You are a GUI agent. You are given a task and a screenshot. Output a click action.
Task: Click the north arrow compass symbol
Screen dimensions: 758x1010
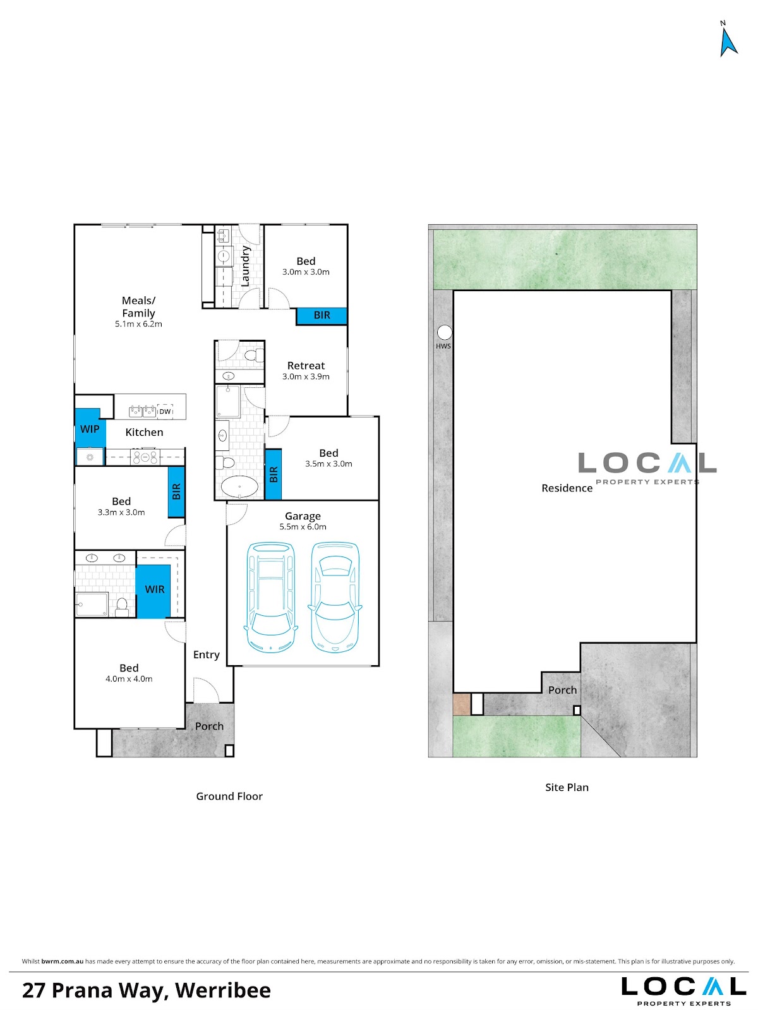click(x=728, y=42)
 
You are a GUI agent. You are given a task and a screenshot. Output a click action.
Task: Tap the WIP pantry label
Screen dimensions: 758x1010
click(x=89, y=429)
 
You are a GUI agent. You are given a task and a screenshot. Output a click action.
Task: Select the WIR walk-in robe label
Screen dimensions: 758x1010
click(x=155, y=589)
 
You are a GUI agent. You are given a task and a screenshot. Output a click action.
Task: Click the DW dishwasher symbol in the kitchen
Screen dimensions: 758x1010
click(x=165, y=411)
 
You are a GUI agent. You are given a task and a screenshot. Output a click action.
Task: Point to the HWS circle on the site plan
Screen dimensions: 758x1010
click(x=444, y=332)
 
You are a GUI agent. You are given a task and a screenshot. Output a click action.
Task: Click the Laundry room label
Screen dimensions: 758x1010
click(x=245, y=266)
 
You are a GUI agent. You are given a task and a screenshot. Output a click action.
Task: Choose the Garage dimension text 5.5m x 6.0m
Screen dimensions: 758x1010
click(x=303, y=527)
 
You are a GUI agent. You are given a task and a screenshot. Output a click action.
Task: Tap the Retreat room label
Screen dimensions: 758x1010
click(x=306, y=366)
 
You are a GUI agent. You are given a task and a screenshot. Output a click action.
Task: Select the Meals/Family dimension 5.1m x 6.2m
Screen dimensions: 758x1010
click(x=138, y=324)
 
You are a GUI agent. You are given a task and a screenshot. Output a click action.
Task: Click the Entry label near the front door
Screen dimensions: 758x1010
click(x=206, y=655)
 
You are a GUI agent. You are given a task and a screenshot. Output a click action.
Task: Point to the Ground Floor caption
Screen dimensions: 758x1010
click(x=229, y=797)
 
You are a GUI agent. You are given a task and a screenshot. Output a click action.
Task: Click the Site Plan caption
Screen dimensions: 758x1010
click(x=567, y=787)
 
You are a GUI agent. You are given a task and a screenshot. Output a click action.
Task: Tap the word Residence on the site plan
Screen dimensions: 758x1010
click(x=567, y=488)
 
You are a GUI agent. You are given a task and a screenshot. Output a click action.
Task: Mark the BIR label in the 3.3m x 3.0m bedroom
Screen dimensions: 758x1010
click(x=176, y=491)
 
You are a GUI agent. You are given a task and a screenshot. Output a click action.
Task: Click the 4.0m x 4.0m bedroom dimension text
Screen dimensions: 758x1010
click(x=129, y=678)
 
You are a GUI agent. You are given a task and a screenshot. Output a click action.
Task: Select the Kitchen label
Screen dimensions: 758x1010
click(x=144, y=432)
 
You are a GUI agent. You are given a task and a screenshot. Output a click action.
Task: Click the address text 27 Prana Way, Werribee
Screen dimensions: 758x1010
click(x=147, y=990)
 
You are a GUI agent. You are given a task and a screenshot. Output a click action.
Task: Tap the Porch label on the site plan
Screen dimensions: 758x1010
click(x=562, y=690)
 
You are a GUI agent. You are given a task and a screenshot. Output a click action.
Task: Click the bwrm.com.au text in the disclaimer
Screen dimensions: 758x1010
click(x=62, y=961)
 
